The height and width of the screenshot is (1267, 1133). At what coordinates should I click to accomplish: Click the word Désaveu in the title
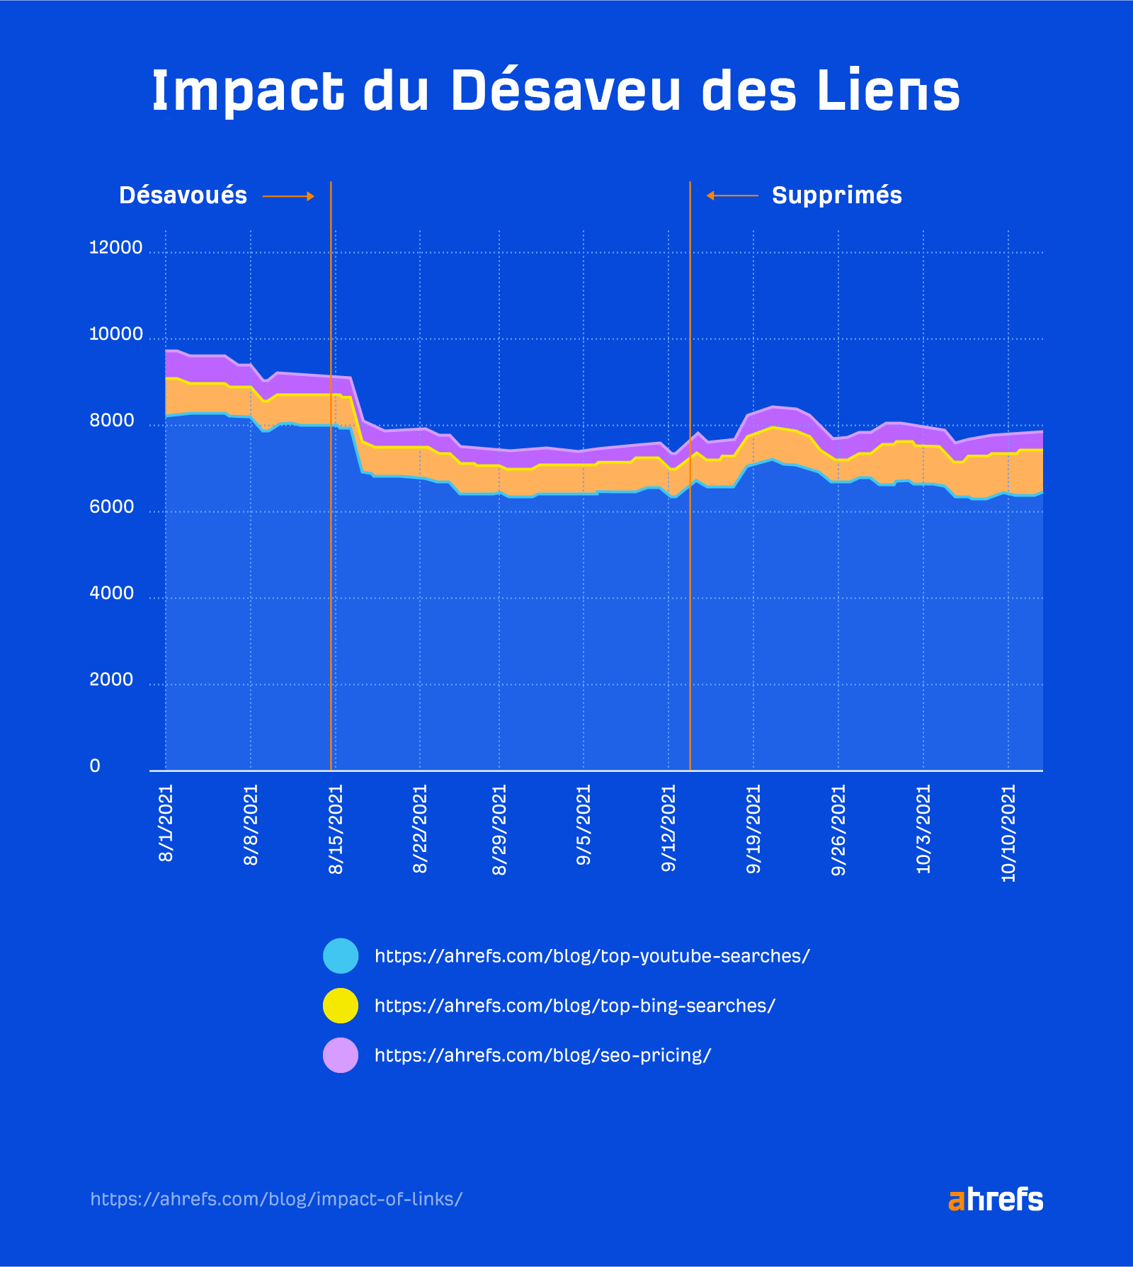(x=565, y=91)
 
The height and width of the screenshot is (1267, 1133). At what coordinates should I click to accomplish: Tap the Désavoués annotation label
(x=183, y=195)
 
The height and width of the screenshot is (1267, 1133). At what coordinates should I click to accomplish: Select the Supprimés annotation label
(x=836, y=195)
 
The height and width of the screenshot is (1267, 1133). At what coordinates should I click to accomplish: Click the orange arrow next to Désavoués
(x=288, y=196)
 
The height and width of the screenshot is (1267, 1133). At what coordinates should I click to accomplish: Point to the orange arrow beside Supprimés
(x=732, y=195)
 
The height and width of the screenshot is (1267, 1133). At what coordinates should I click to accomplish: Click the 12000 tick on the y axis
(x=115, y=248)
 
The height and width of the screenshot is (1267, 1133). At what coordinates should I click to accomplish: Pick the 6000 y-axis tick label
(x=111, y=507)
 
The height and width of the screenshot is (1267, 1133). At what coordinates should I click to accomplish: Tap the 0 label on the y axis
(x=95, y=766)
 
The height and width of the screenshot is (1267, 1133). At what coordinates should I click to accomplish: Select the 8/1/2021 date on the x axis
(x=166, y=823)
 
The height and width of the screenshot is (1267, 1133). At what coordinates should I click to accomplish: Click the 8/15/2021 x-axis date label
(x=336, y=829)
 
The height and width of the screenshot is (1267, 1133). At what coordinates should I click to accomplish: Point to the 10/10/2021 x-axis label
(x=1008, y=833)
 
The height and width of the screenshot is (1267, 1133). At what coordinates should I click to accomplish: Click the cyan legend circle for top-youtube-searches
(x=341, y=956)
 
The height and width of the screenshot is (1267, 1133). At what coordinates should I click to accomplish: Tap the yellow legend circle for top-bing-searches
(x=341, y=1006)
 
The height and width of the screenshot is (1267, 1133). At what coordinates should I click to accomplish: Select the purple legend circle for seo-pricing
(x=341, y=1055)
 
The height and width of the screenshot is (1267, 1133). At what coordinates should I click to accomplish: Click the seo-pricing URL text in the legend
(x=542, y=1055)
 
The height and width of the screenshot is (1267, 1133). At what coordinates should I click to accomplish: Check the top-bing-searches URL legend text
(x=574, y=1006)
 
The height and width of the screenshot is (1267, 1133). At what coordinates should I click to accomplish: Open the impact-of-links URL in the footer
(x=276, y=1199)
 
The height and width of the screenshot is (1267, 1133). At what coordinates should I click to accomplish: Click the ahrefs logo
(x=995, y=1200)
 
